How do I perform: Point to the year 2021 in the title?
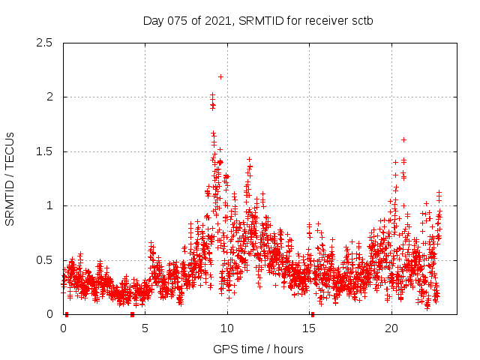[x=220, y=20]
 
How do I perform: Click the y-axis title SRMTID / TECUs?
[x=10, y=178]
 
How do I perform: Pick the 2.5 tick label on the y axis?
[x=45, y=43]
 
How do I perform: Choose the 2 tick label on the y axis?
[x=49, y=97]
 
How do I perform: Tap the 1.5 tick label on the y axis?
[x=45, y=151]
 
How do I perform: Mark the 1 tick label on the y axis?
[x=49, y=205]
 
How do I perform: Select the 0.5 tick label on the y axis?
[x=45, y=260]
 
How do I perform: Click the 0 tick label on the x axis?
[x=63, y=328]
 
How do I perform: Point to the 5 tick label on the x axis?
[x=145, y=328]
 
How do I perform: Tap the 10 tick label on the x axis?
[x=227, y=328]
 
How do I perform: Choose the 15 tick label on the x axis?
[x=309, y=328]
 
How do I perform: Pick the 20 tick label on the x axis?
[x=391, y=328]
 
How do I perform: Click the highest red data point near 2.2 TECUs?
[x=220, y=76]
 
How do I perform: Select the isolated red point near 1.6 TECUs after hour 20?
[x=403, y=139]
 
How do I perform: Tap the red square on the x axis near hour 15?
[x=313, y=314]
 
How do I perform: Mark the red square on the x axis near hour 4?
[x=133, y=314]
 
